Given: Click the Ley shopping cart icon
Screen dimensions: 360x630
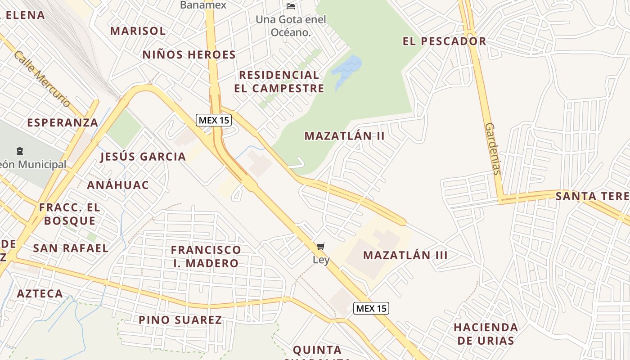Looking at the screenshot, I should pos(320,246).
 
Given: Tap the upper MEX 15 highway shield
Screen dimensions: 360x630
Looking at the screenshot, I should pos(214,120).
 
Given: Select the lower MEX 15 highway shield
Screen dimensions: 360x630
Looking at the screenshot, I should pos(371,308).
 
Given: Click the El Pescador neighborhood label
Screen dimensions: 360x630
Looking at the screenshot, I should pos(444,41).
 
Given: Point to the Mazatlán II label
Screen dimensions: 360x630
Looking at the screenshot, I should pos(344,136).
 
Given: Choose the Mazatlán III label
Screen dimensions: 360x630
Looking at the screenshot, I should pos(405,255).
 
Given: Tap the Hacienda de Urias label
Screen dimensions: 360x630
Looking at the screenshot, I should pos(486,333).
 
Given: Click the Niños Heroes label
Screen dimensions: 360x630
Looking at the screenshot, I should pos(189,55).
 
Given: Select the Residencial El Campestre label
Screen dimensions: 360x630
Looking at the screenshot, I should pos(279,81).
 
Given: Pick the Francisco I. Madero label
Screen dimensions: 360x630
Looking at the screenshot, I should pos(206,256).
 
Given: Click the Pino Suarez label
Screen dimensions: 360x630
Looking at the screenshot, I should pos(180,320).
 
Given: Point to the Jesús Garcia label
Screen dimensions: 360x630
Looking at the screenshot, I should pos(143,157).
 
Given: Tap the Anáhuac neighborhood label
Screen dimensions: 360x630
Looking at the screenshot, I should pos(118,185).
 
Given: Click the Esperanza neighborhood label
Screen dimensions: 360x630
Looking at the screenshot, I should pos(63,123).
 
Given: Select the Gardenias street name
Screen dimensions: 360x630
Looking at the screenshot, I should pos(493,148).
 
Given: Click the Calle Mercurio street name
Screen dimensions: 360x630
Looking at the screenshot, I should pos(42,79).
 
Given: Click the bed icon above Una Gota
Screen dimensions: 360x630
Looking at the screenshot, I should pos(291,6).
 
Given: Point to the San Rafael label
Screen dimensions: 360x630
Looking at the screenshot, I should pos(71,248).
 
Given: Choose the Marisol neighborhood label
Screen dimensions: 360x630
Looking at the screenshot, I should pos(138,31).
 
